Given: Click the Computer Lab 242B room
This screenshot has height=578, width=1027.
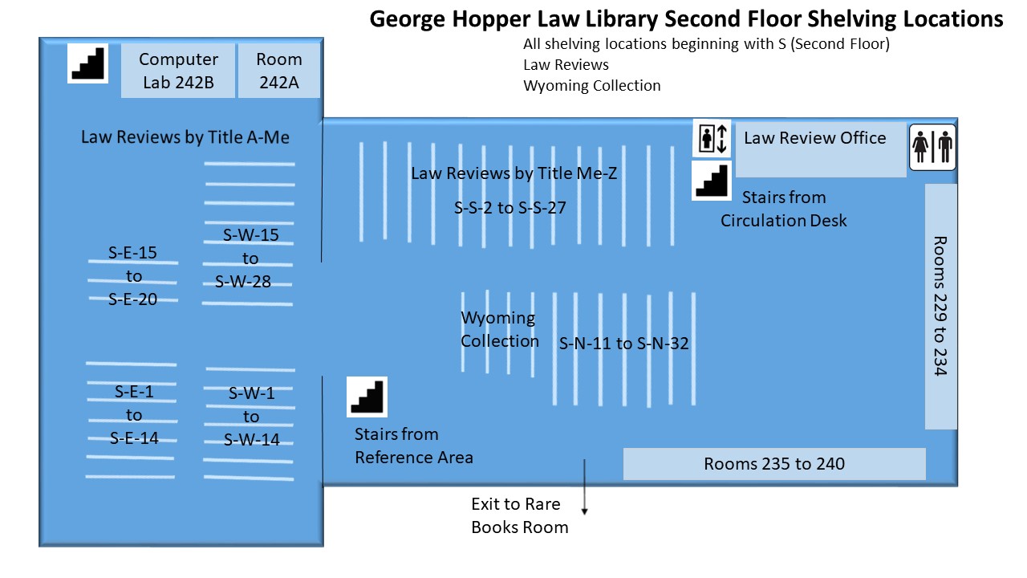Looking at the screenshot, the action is [x=178, y=71].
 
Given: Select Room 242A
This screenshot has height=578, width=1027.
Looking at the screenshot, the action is [x=278, y=71].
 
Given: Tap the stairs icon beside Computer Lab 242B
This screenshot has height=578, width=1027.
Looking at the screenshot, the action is [x=87, y=63].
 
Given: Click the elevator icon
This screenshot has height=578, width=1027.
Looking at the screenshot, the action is [x=712, y=138].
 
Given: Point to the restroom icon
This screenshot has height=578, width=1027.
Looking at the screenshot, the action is [x=932, y=147].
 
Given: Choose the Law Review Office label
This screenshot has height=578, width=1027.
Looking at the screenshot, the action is [x=814, y=137].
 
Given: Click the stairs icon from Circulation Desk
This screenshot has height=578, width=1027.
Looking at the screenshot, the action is [x=712, y=181].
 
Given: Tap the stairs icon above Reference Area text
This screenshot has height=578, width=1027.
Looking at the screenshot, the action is [x=367, y=397].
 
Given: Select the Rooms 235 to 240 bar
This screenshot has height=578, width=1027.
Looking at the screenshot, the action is [x=774, y=464].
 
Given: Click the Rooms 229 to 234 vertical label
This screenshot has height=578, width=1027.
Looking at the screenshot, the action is [x=941, y=306].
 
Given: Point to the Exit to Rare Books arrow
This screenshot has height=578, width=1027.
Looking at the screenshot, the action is [x=585, y=486].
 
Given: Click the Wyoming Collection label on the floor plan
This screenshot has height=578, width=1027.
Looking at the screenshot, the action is [x=500, y=329].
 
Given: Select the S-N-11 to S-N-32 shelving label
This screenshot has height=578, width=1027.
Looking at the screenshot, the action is [x=623, y=343].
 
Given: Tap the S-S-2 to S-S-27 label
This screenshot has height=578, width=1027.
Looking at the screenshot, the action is [x=509, y=208].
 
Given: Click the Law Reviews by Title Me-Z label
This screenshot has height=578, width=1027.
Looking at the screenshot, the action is [x=514, y=173].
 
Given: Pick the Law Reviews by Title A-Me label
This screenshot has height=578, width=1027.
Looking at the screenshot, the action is [x=185, y=137].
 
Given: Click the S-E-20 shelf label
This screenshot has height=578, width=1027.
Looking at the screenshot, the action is [x=133, y=299].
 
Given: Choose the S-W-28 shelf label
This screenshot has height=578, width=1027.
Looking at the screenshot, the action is [x=243, y=282].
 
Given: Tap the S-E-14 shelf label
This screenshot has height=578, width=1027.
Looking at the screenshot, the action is [x=134, y=438].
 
